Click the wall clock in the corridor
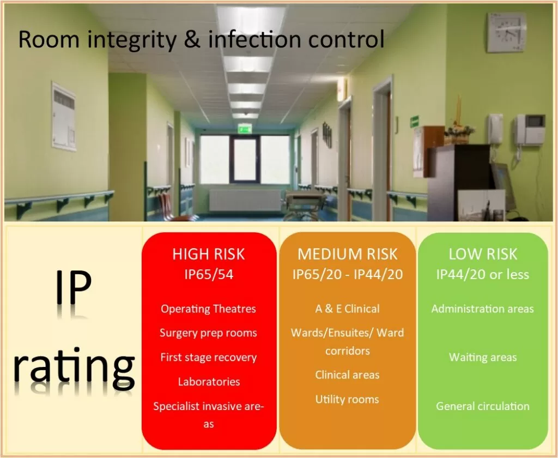tap(506, 32)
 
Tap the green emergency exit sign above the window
tap(245, 128)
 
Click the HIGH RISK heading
tap(209, 254)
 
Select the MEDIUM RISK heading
tap(347, 254)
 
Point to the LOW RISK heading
tap(483, 254)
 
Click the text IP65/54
tap(209, 274)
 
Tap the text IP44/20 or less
tap(483, 274)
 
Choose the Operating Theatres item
tap(208, 309)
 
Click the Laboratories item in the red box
tap(209, 382)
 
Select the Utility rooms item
tap(347, 400)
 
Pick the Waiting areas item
tap(483, 357)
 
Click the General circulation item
tap(483, 406)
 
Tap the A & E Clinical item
tap(347, 309)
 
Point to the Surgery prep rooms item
tap(208, 333)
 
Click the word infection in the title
tap(255, 39)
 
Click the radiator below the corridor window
tap(245, 200)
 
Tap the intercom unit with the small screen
tap(530, 130)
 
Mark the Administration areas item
tap(483, 309)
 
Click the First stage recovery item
tap(209, 357)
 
